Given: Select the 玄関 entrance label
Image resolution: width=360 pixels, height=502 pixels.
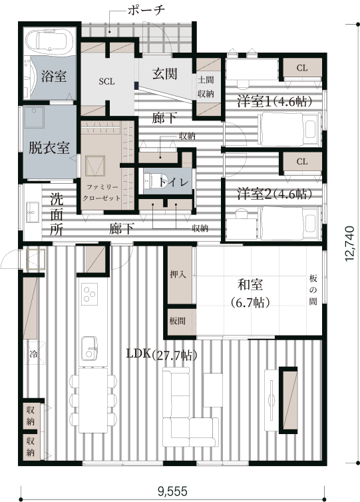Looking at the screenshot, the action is pyautogui.click(x=164, y=74).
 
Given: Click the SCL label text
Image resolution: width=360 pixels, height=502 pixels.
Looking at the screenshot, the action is pyautogui.click(x=106, y=81).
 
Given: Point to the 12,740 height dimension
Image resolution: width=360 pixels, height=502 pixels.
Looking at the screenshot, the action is pyautogui.click(x=350, y=244).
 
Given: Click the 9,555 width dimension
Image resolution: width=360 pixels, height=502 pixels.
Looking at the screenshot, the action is pyautogui.click(x=172, y=491).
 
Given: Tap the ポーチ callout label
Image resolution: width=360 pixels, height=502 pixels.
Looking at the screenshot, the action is pyautogui.click(x=146, y=10).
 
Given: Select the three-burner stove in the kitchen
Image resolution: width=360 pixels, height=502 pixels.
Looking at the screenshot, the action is pyautogui.click(x=89, y=294).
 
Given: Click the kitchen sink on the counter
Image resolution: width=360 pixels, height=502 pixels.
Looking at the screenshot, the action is pyautogui.click(x=89, y=348).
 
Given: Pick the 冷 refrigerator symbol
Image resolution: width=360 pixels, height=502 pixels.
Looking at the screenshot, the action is pyautogui.click(x=33, y=354).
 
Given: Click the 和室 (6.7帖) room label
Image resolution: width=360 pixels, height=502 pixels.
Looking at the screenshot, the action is pyautogui.click(x=251, y=293).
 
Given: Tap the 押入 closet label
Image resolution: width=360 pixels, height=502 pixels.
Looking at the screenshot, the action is pyautogui.click(x=178, y=274).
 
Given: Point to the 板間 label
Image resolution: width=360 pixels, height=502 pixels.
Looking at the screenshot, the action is pyautogui.click(x=177, y=321).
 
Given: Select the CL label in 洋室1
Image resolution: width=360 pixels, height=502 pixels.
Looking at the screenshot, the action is pyautogui.click(x=302, y=68).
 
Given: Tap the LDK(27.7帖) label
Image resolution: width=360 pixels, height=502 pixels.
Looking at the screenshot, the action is pyautogui.click(x=162, y=354).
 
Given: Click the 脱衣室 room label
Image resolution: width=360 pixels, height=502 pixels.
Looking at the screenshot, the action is pyautogui.click(x=49, y=148).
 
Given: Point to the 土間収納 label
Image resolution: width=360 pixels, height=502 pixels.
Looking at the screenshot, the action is pyautogui.click(x=206, y=87).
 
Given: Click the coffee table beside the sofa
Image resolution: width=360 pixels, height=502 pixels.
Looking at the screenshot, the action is pyautogui.click(x=213, y=390).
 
